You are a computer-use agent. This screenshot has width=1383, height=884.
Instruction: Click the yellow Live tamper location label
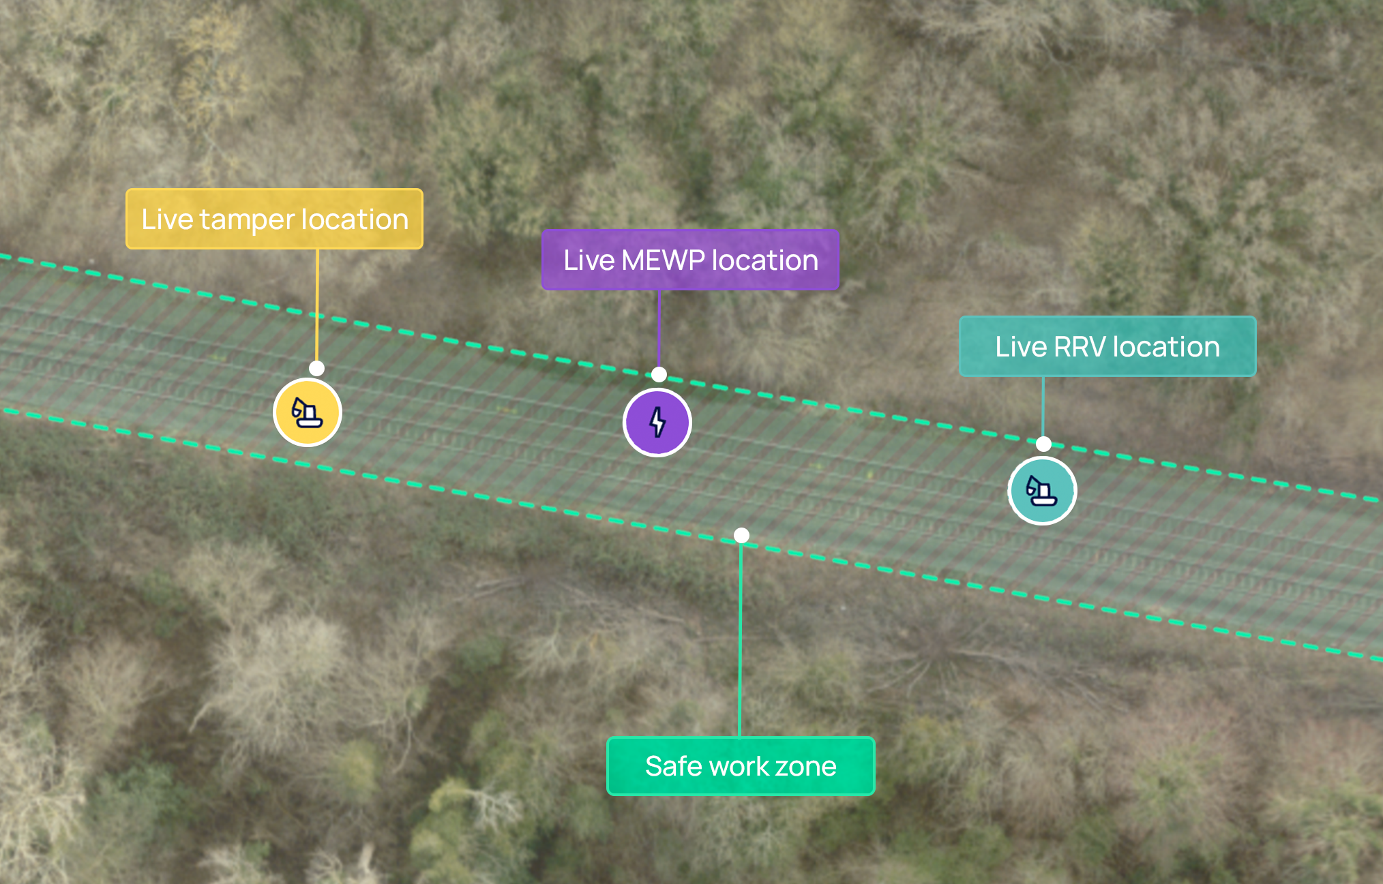[274, 219]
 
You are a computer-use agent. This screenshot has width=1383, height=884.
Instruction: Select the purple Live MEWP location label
[690, 260]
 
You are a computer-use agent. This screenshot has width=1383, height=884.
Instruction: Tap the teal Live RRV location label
[1107, 346]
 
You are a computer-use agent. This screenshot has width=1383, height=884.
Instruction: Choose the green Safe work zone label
[741, 766]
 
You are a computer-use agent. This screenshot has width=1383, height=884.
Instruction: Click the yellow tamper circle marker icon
[308, 412]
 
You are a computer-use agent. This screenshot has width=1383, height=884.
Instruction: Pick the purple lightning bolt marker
[657, 423]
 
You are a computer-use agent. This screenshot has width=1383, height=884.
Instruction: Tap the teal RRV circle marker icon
[1042, 491]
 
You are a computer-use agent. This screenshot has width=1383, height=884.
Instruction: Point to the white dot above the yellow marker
[316, 369]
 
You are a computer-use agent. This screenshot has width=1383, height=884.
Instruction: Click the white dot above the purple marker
[659, 374]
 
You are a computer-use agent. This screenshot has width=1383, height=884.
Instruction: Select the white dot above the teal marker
[1043, 444]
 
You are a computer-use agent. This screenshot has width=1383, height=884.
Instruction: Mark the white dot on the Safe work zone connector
[741, 536]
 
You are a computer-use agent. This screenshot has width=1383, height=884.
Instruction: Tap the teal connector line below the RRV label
[1043, 406]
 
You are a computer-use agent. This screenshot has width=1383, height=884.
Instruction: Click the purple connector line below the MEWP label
[659, 327]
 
